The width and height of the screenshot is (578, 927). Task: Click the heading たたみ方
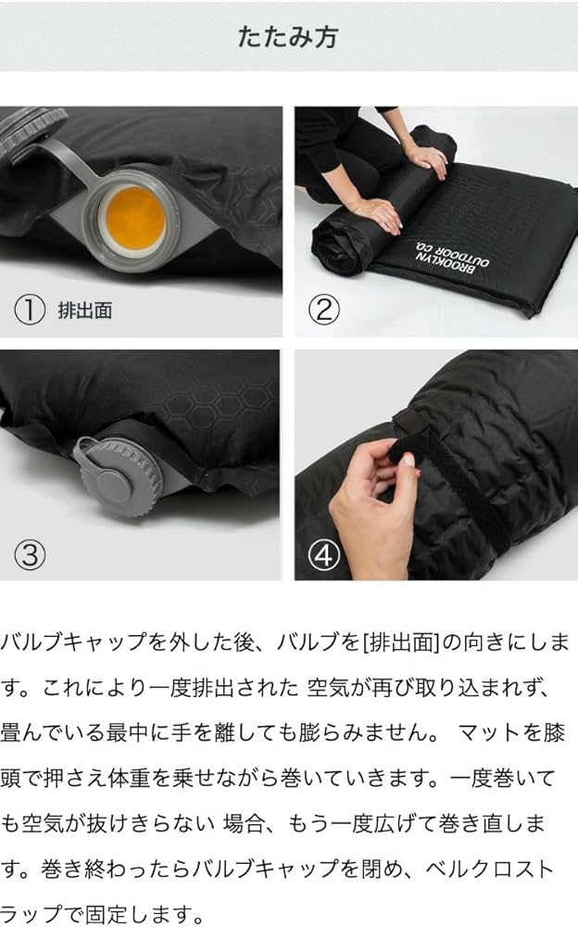click(288, 36)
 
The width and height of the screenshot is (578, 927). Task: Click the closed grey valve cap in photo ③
click(118, 476)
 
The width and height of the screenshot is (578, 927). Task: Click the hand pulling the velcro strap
click(371, 496)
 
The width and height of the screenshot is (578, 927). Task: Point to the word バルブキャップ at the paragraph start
click(62, 641)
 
